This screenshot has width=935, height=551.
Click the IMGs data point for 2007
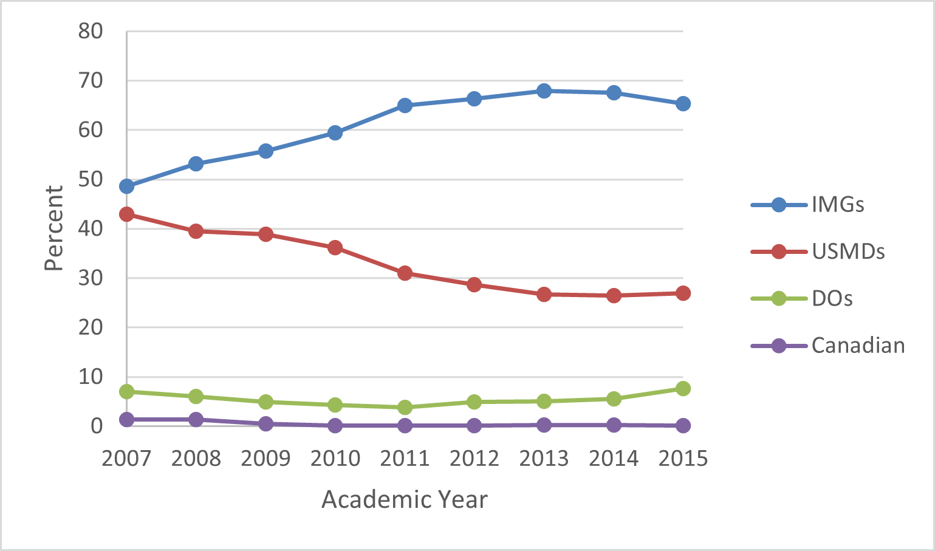(x=126, y=186)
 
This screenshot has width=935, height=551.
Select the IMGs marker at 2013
(x=544, y=91)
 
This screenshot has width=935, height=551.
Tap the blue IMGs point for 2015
(x=683, y=104)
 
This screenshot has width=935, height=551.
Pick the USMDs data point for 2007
(x=126, y=214)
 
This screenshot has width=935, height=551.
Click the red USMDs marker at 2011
(x=405, y=273)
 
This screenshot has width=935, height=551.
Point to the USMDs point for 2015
(x=683, y=293)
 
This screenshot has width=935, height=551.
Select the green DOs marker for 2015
(x=683, y=389)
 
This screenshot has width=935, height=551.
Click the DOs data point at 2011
(x=405, y=407)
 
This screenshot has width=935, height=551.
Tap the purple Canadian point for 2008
(x=196, y=419)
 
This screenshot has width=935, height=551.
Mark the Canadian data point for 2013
(x=544, y=425)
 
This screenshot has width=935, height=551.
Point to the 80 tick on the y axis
(x=91, y=31)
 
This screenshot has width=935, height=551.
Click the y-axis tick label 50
(x=91, y=179)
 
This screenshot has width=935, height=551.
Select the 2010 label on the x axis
(x=335, y=458)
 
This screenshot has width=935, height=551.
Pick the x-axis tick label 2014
(x=614, y=458)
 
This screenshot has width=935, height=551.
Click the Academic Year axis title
(x=405, y=499)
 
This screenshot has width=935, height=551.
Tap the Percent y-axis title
(x=54, y=228)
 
